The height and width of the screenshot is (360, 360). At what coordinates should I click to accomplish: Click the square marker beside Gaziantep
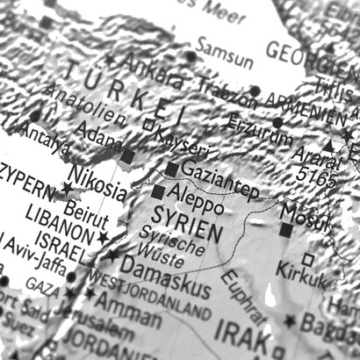[x=172, y=169]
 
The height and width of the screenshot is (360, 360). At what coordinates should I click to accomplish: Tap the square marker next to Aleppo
[x=158, y=191]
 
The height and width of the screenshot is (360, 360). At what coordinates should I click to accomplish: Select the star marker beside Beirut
[x=104, y=237]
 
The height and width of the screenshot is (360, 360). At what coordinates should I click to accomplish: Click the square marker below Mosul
[x=287, y=230]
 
